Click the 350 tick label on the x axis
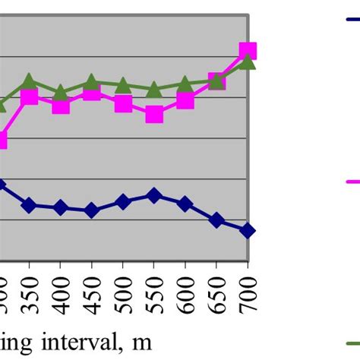(29, 293)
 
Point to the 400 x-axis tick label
(61, 293)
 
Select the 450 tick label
(92, 293)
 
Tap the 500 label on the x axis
(123, 293)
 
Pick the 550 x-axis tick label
(154, 293)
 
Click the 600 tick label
(185, 293)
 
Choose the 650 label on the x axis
(216, 293)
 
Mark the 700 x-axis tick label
(248, 293)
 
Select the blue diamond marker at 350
(29, 205)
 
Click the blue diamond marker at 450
(92, 210)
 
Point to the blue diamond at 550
(154, 195)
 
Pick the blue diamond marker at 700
(248, 231)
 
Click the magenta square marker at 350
(29, 96)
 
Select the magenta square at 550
(154, 115)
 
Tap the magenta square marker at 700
(248, 51)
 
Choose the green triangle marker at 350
(29, 81)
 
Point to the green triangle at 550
(154, 89)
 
